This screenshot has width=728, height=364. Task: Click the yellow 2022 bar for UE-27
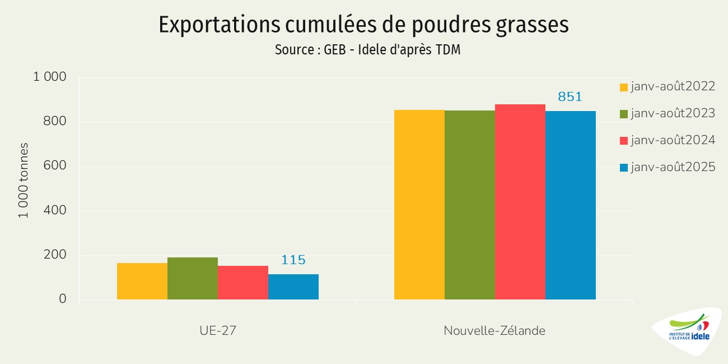(142, 281)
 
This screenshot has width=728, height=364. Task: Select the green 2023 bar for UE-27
(193, 278)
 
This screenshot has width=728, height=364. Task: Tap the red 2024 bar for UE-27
(243, 283)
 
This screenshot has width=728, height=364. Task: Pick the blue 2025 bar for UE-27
(293, 287)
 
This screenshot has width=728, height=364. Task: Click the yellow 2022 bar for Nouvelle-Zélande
(419, 205)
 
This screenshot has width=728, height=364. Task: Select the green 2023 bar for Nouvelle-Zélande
(470, 205)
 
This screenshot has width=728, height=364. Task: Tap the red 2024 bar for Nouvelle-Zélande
(520, 202)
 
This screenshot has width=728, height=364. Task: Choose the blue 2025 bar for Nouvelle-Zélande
(571, 205)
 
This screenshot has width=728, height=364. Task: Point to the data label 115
(293, 260)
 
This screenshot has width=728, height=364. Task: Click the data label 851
(570, 97)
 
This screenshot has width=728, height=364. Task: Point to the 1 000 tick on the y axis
(50, 77)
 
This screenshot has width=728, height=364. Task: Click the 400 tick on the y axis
(55, 211)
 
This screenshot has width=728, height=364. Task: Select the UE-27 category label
(218, 331)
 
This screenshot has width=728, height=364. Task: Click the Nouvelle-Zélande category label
(494, 331)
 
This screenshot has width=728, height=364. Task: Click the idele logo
(688, 331)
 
